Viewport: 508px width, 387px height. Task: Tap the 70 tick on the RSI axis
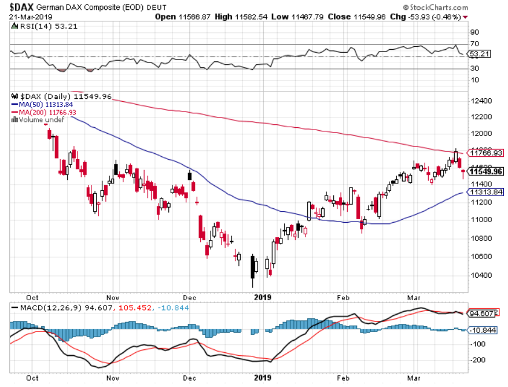pyautogui.click(x=474, y=44)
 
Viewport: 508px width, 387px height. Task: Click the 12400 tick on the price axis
pyautogui.click(x=481, y=101)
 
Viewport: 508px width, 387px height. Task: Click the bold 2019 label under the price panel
pyautogui.click(x=263, y=297)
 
